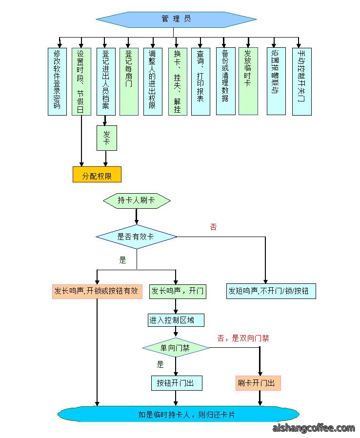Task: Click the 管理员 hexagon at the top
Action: [176, 20]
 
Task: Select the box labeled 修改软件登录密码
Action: [57, 81]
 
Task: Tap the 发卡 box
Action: [107, 138]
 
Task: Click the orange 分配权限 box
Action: [97, 175]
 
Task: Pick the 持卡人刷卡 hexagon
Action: [137, 200]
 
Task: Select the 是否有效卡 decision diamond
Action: [136, 237]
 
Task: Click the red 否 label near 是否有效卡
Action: [213, 227]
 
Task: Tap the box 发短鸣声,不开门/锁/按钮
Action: [271, 291]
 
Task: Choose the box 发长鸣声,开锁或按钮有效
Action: [97, 291]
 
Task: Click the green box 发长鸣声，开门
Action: [178, 291]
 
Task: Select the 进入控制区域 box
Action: [176, 320]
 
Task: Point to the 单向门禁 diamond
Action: [176, 348]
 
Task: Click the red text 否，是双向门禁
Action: [243, 338]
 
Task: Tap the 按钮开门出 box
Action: [177, 383]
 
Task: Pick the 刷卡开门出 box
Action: [258, 383]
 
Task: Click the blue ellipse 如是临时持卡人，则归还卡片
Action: [178, 414]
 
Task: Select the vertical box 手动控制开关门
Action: [302, 81]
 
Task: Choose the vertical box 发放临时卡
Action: [248, 81]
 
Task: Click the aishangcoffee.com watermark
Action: [314, 428]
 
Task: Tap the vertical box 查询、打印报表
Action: [200, 81]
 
